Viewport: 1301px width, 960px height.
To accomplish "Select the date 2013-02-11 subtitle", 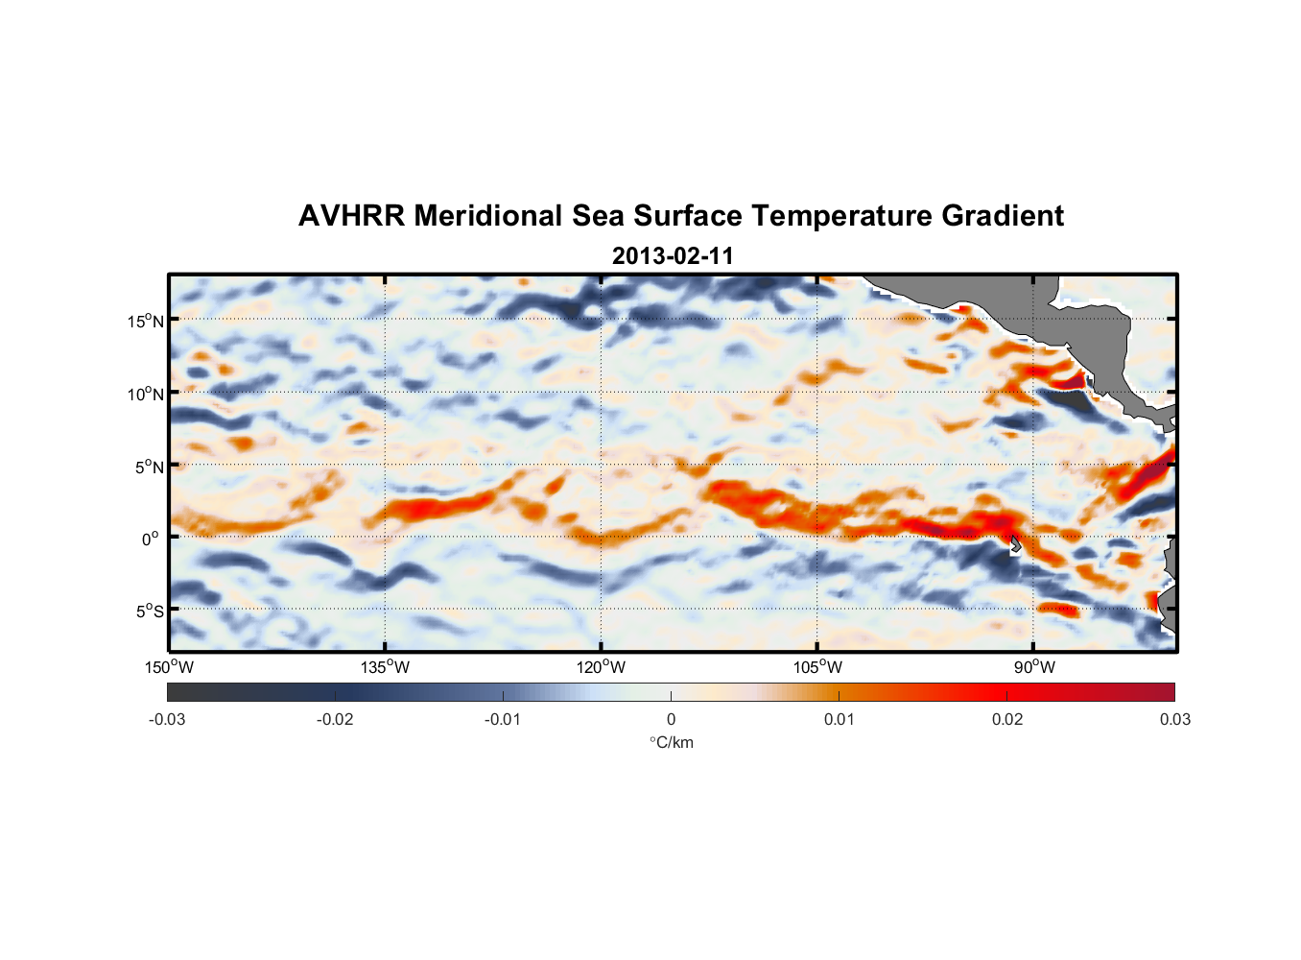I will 673,256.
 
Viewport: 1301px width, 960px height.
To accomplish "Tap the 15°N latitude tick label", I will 146,321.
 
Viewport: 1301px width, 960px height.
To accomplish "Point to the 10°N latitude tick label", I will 146,394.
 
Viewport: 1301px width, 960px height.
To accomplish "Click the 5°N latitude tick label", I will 150,467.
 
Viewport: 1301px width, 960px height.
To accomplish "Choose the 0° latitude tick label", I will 151,539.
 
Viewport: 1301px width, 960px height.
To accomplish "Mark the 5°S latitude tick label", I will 150,611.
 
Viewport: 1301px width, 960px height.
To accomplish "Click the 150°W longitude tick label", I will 169,667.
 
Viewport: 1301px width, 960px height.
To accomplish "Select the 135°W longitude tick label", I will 386,667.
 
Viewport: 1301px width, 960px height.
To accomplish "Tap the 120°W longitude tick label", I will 602,667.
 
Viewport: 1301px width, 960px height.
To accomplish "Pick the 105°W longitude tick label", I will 817,667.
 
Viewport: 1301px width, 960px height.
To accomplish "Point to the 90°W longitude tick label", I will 1033,667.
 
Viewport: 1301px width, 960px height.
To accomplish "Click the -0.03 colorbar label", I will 167,719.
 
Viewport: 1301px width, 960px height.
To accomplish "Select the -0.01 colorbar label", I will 503,719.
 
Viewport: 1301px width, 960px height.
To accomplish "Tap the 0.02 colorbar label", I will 1007,719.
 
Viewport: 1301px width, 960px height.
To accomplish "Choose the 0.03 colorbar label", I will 1174,719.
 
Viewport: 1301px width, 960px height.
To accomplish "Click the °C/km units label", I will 672,742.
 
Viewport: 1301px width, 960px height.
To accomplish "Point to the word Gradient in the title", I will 1003,216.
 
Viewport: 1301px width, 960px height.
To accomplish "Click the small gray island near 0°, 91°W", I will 1016,544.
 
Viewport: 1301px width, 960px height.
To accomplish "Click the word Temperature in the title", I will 841,216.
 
